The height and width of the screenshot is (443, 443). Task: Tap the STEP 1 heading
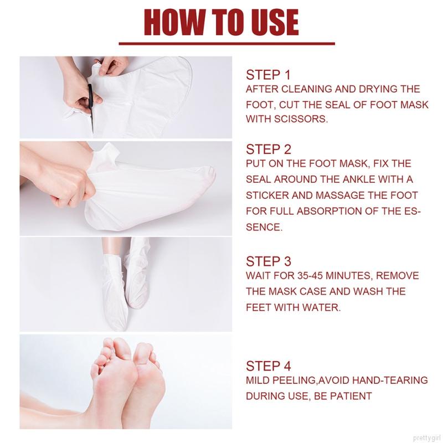click(268, 75)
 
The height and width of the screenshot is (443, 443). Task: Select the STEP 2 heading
click(268, 150)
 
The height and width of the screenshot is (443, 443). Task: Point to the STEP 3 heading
click(268, 261)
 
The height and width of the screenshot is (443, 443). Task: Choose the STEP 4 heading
click(268, 366)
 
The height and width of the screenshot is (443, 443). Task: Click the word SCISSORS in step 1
click(301, 119)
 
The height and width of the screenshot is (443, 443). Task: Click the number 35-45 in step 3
click(310, 275)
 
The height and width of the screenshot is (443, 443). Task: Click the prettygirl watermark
click(427, 439)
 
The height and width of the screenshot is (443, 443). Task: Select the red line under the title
click(226, 44)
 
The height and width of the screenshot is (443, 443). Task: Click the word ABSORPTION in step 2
click(329, 211)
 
